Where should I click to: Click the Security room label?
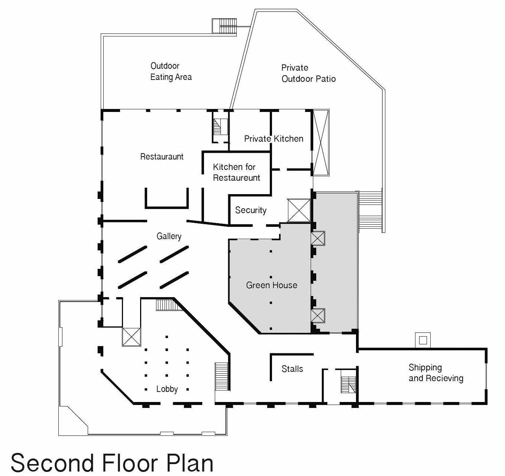251,210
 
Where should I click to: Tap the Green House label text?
272,285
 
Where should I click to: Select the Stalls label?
292,369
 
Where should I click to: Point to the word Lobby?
167,389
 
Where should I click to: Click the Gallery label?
169,236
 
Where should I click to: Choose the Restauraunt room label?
162,157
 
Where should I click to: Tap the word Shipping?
425,367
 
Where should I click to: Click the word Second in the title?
52,463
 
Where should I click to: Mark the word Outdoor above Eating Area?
165,66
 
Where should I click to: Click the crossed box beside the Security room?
299,210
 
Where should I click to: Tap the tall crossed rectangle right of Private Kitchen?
321,142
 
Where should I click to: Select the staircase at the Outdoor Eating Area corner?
224,26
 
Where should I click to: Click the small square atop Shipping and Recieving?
423,340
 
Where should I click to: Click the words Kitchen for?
234,167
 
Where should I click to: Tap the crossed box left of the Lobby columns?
132,337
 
